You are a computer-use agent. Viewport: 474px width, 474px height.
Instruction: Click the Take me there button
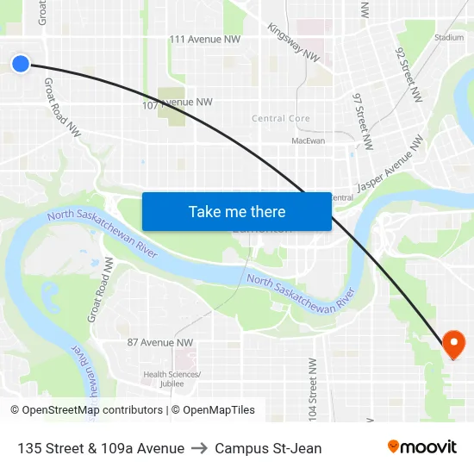coord(237,211)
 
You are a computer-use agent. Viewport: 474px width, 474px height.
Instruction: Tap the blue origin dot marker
coord(21,63)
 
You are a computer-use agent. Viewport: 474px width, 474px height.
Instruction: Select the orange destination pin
coord(453,346)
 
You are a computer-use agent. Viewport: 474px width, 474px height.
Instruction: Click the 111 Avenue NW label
coord(204,39)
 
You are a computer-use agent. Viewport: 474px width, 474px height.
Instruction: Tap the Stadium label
coord(448,37)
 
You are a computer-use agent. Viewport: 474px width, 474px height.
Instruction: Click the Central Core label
coord(281,118)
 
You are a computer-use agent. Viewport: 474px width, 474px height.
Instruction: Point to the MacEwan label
coord(308,140)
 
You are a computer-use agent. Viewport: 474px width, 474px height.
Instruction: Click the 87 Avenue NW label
coord(159,342)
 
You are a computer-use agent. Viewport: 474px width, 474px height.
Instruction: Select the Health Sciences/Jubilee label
coord(172,378)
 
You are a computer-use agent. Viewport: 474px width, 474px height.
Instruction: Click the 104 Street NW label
coord(313,388)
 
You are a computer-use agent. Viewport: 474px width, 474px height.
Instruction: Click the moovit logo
coord(421,446)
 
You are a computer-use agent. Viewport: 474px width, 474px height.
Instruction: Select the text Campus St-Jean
coord(268,448)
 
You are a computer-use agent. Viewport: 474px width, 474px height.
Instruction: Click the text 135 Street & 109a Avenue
coord(100,448)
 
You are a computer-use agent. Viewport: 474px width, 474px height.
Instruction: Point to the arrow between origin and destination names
coord(199,448)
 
